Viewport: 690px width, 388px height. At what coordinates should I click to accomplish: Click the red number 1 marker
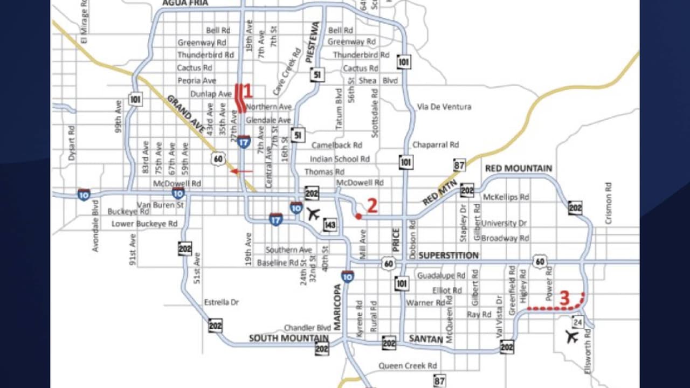(248, 91)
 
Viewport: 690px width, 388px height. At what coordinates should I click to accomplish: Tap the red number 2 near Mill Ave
(372, 205)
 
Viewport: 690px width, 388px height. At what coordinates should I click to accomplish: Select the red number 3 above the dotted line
(564, 298)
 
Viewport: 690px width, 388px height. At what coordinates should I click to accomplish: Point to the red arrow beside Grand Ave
(241, 171)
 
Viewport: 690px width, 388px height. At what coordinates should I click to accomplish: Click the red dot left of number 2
(358, 216)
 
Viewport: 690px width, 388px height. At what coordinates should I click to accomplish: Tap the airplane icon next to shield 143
(313, 213)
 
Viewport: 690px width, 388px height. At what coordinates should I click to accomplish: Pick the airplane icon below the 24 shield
(572, 337)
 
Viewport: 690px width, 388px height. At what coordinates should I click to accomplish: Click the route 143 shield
(330, 225)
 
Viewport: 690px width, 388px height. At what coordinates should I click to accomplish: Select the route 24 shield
(578, 322)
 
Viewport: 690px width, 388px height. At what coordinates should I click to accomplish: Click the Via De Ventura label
(444, 107)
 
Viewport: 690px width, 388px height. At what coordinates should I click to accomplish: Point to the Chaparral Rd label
(436, 145)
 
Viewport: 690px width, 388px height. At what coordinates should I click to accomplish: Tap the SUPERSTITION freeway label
(448, 255)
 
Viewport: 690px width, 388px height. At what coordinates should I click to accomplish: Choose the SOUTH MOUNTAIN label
(288, 338)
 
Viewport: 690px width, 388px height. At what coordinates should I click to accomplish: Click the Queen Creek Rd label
(408, 365)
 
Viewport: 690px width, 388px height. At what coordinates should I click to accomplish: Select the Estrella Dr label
(221, 302)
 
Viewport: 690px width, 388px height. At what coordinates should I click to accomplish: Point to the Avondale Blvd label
(96, 226)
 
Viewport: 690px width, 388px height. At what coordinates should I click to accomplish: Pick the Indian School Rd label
(340, 159)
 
